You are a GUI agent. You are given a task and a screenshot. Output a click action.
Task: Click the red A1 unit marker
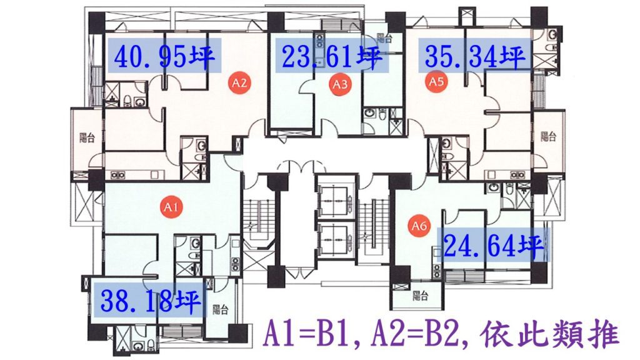point(171,207)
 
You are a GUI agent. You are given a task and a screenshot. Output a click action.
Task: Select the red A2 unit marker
point(239,83)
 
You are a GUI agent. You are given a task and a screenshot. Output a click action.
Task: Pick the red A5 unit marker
point(436,81)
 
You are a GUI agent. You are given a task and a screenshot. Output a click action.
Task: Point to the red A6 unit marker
point(419,225)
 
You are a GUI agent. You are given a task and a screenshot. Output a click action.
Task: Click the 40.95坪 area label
point(164,56)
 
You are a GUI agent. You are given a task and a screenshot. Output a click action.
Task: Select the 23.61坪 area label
point(332,56)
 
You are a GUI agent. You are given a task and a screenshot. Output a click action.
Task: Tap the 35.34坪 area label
point(475,56)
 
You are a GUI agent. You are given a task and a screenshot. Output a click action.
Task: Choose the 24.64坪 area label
point(494,245)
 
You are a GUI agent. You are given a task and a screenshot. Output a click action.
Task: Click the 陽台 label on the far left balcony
point(87,137)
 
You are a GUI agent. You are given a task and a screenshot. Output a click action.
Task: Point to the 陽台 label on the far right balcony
point(548,136)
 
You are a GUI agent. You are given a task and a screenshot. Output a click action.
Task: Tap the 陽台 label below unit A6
point(420,296)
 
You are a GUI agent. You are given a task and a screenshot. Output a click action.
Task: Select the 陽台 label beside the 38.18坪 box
point(221,310)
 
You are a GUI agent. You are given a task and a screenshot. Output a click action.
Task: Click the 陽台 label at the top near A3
point(384,38)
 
